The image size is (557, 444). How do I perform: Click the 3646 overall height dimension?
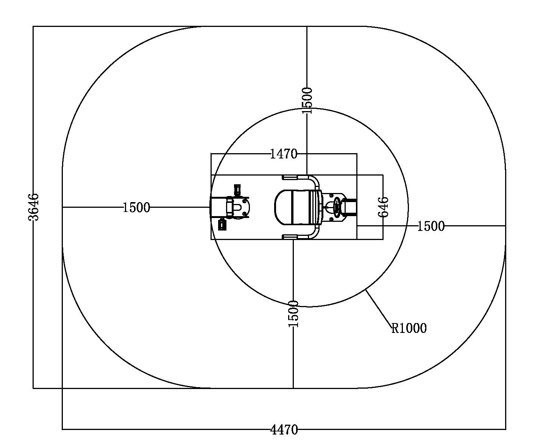pyautogui.click(x=33, y=207)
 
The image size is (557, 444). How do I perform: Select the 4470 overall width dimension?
pyautogui.click(x=284, y=430)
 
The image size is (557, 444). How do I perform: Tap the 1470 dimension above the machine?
pyautogui.click(x=284, y=154)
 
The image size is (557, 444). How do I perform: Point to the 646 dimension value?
pyautogui.click(x=383, y=207)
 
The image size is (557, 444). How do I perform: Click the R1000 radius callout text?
pyautogui.click(x=409, y=328)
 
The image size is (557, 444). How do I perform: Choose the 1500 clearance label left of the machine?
pyautogui.click(x=136, y=207)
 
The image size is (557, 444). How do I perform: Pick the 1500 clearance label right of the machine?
pyautogui.click(x=431, y=226)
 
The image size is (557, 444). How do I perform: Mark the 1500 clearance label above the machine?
pyautogui.click(x=307, y=100)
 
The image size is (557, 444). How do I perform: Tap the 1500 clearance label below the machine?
pyautogui.click(x=293, y=314)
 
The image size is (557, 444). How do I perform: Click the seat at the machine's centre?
pyautogui.click(x=298, y=207)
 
